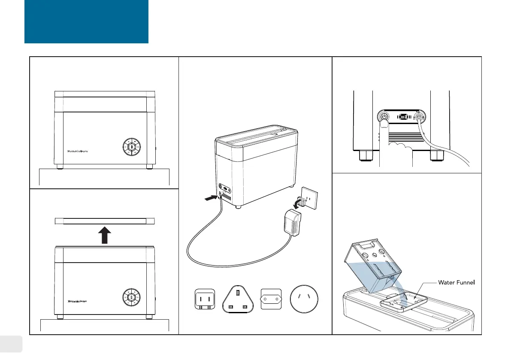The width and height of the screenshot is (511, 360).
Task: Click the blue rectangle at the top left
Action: (x=86, y=21)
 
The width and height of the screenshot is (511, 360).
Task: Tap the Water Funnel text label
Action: (x=457, y=282)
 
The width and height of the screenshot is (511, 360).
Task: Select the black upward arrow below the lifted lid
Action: (x=104, y=235)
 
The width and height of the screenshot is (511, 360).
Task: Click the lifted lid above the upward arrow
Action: (x=104, y=221)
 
